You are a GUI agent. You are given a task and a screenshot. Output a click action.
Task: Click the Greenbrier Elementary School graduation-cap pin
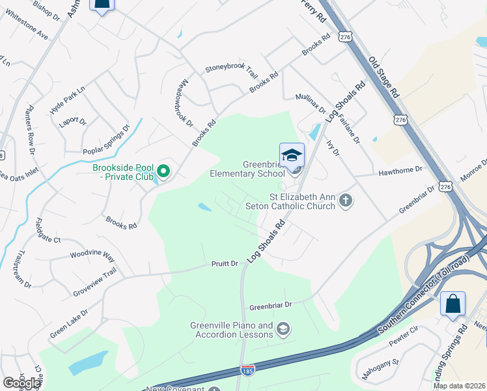pos(292,155)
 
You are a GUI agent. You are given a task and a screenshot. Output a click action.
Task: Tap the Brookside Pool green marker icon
pos(163,171)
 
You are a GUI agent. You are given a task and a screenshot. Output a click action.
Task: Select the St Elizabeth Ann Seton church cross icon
pos(346,201)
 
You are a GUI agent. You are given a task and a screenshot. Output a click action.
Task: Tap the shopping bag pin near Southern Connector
pos(452,304)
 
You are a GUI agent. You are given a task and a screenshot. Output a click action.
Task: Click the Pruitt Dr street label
pos(225,263)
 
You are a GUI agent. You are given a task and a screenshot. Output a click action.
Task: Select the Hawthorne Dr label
pos(400,169)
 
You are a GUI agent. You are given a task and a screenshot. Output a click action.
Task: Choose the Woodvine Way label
pos(92,255)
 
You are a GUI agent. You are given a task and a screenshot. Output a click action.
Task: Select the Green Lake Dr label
pos(69,323)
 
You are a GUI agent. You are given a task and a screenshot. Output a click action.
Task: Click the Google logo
pos(21,383)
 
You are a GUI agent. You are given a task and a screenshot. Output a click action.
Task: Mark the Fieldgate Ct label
pos(48,231)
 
